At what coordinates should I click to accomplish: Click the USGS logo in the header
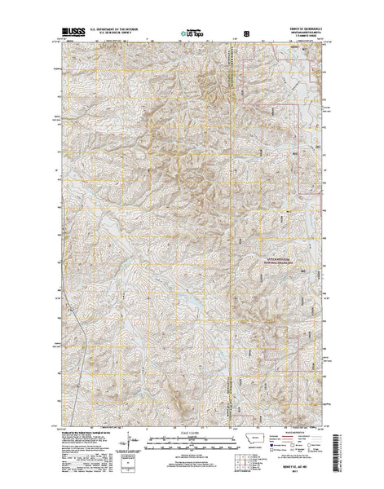tap(68, 35)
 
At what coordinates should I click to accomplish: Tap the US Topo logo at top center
tap(192, 35)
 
